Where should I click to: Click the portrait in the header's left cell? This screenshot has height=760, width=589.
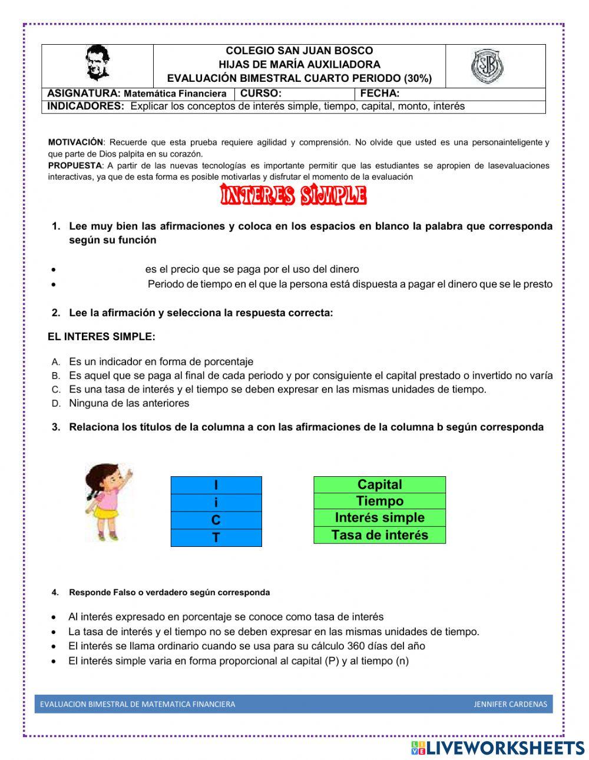pyautogui.click(x=97, y=63)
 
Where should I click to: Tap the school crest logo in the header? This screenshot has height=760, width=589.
pyautogui.click(x=487, y=66)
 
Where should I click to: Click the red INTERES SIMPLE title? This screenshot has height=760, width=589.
pyautogui.click(x=293, y=195)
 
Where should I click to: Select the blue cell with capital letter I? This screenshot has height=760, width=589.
pyautogui.click(x=216, y=485)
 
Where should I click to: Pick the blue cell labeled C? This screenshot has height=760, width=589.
pyautogui.click(x=216, y=520)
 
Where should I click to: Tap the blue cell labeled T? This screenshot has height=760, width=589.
pyautogui.click(x=216, y=537)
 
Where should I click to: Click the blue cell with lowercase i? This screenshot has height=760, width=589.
pyautogui.click(x=216, y=503)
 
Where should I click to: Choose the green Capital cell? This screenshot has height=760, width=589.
pyautogui.click(x=379, y=484)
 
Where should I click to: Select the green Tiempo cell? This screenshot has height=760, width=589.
pyautogui.click(x=379, y=501)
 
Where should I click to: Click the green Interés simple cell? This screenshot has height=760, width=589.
pyautogui.click(x=379, y=517)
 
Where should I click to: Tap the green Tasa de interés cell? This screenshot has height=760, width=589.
pyautogui.click(x=379, y=535)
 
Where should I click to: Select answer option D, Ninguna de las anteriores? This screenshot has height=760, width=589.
pyautogui.click(x=129, y=403)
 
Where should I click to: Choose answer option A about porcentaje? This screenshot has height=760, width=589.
pyautogui.click(x=161, y=361)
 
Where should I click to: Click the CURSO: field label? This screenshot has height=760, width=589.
pyautogui.click(x=261, y=93)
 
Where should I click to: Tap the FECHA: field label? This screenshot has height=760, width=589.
pyautogui.click(x=380, y=93)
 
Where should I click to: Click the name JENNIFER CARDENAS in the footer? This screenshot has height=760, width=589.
pyautogui.click(x=510, y=704)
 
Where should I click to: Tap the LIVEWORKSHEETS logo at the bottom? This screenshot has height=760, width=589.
pyautogui.click(x=498, y=748)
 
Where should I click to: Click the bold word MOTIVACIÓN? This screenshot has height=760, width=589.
pyautogui.click(x=75, y=142)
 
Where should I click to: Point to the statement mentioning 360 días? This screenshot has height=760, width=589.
pyautogui.click(x=246, y=646)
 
